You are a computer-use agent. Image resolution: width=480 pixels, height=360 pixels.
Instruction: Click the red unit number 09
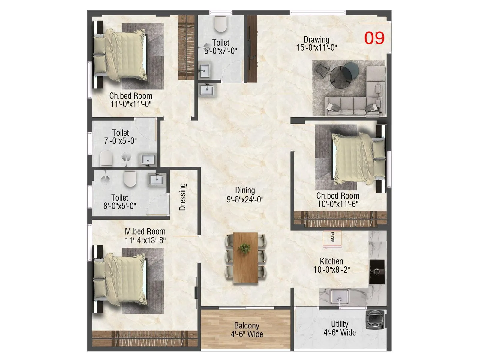coord(374,38)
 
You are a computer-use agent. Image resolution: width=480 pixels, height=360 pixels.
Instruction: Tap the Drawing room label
coord(316,40)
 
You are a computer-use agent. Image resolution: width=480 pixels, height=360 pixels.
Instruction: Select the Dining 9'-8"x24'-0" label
coord(245,195)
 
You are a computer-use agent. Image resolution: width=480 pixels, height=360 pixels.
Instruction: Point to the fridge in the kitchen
coord(332,239)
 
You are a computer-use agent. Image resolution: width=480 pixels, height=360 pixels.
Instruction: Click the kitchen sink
coord(340,296)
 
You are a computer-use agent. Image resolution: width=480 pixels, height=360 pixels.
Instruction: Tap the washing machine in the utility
coord(375,320)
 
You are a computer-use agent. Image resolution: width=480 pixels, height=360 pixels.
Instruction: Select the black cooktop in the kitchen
coord(377,272)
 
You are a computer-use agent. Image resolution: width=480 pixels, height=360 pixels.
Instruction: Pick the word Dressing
coord(183,197)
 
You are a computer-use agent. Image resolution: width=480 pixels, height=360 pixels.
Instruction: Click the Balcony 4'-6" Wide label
coord(247,330)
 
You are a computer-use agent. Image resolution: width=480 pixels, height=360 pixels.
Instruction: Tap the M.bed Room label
coord(145,232)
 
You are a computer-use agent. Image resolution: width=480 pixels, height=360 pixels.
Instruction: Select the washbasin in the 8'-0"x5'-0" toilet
coord(157,180)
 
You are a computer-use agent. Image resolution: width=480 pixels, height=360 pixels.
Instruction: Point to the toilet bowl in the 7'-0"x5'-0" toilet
coord(106,158)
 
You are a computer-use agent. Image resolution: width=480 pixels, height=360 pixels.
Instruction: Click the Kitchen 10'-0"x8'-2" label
coord(331,265)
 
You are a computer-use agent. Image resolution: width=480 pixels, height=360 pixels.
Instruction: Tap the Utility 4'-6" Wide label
coord(340,328)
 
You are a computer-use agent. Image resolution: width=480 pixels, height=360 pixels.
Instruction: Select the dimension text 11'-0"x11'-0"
coord(131,104)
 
